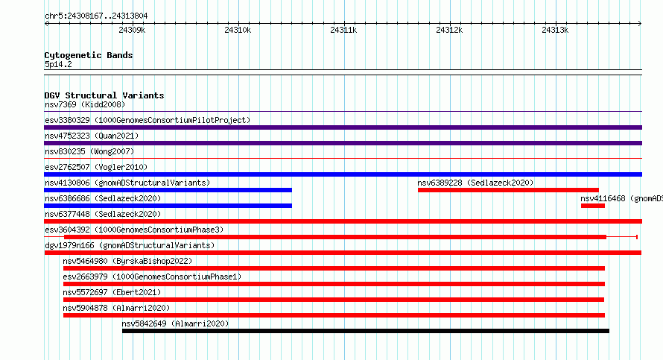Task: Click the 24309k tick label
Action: pyautogui.click(x=132, y=30)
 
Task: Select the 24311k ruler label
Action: pyautogui.click(x=343, y=30)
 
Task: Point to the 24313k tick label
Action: pyautogui.click(x=555, y=30)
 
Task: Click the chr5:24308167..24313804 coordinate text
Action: pyautogui.click(x=96, y=16)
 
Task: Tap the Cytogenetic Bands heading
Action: pyautogui.click(x=89, y=55)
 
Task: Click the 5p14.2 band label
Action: pyautogui.click(x=58, y=64)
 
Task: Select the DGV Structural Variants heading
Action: pyautogui.click(x=104, y=95)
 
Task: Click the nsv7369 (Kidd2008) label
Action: pyautogui.click(x=85, y=104)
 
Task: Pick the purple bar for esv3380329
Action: pyautogui.click(x=343, y=127)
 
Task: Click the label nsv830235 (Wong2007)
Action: pyautogui.click(x=89, y=151)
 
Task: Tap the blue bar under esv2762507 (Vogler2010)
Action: pyautogui.click(x=343, y=174)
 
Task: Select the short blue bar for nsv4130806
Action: pyautogui.click(x=168, y=190)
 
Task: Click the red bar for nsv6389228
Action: pyautogui.click(x=508, y=190)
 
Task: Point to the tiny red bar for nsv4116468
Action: pyautogui.click(x=593, y=206)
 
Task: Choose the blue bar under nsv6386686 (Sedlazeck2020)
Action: pyautogui.click(x=168, y=206)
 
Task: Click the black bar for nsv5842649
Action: pyautogui.click(x=366, y=331)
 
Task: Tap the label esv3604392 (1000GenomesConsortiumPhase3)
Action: pyautogui.click(x=134, y=230)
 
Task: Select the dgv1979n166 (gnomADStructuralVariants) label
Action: pyautogui.click(x=130, y=245)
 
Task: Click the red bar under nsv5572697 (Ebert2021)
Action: pyautogui.click(x=334, y=300)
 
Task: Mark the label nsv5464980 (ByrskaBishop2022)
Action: pyautogui.click(x=127, y=261)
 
